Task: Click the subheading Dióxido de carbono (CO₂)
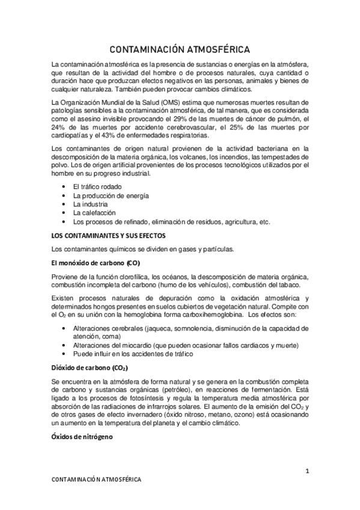coord(90,367)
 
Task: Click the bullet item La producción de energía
coord(111,196)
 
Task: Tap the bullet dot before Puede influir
coord(64,354)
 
